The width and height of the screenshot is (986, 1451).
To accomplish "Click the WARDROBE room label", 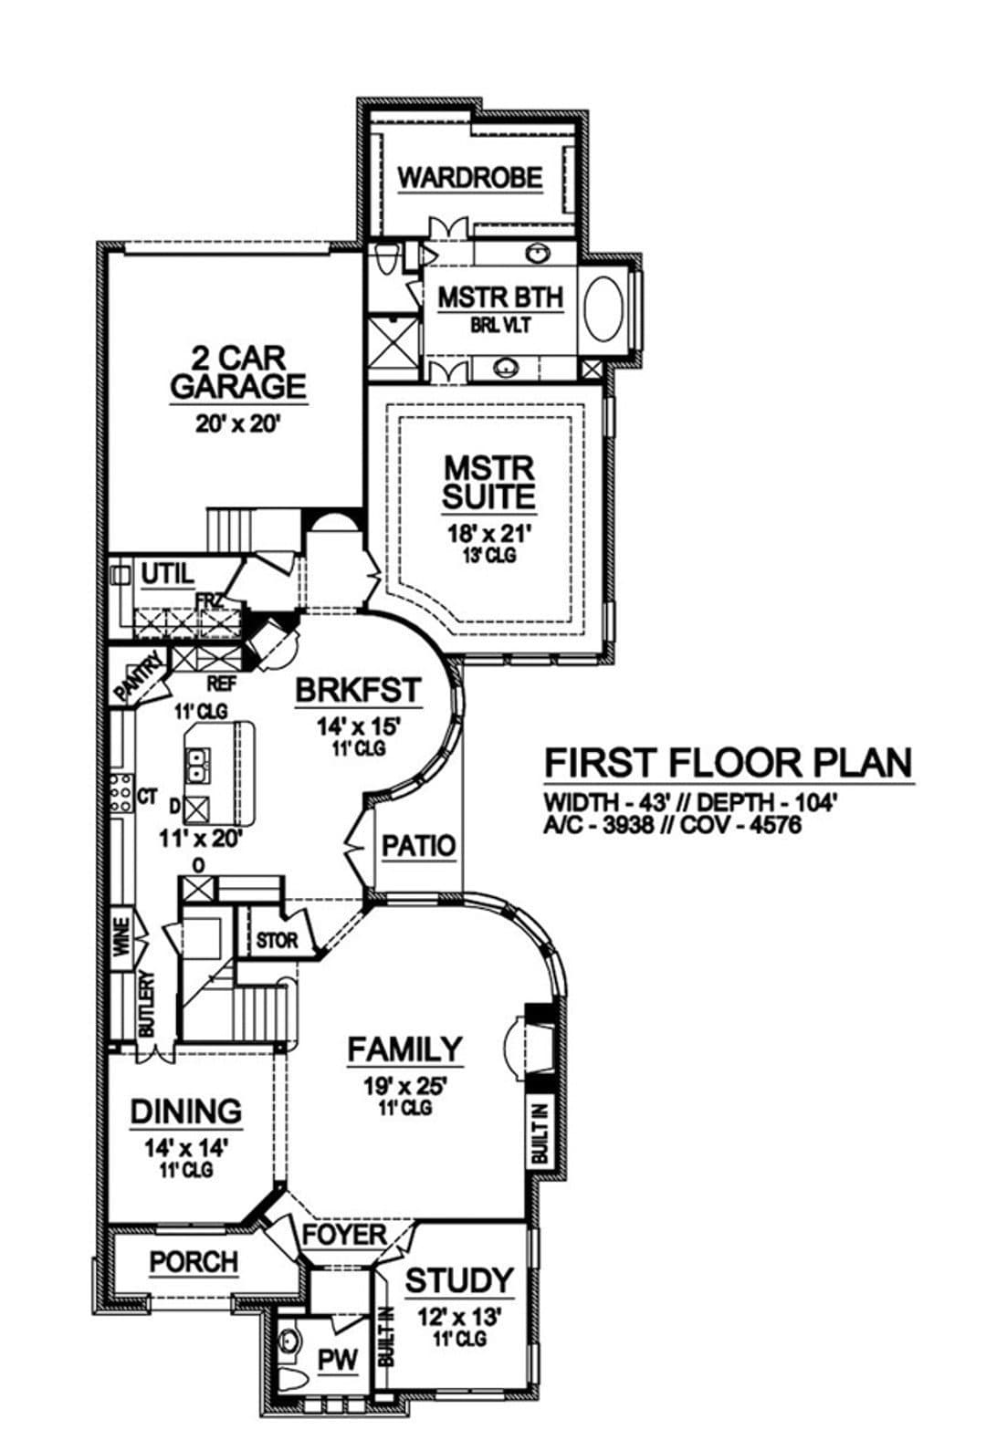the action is click(470, 177).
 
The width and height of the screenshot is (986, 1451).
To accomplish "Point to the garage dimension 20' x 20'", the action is click(237, 424).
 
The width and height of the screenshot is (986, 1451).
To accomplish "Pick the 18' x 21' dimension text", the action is click(489, 534).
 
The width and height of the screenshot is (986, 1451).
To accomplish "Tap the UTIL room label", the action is click(167, 573).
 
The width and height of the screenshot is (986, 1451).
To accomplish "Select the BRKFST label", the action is click(359, 691).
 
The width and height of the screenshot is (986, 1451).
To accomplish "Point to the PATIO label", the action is click(419, 846).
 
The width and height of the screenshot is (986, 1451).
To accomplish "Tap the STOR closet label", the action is click(277, 940).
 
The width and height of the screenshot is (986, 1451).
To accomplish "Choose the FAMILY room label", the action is click(405, 1049).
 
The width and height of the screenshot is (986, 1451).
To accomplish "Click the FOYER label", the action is click(345, 1235).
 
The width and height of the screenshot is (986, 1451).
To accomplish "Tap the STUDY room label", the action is click(459, 1280).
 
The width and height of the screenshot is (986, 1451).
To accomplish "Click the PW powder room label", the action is click(338, 1361).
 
